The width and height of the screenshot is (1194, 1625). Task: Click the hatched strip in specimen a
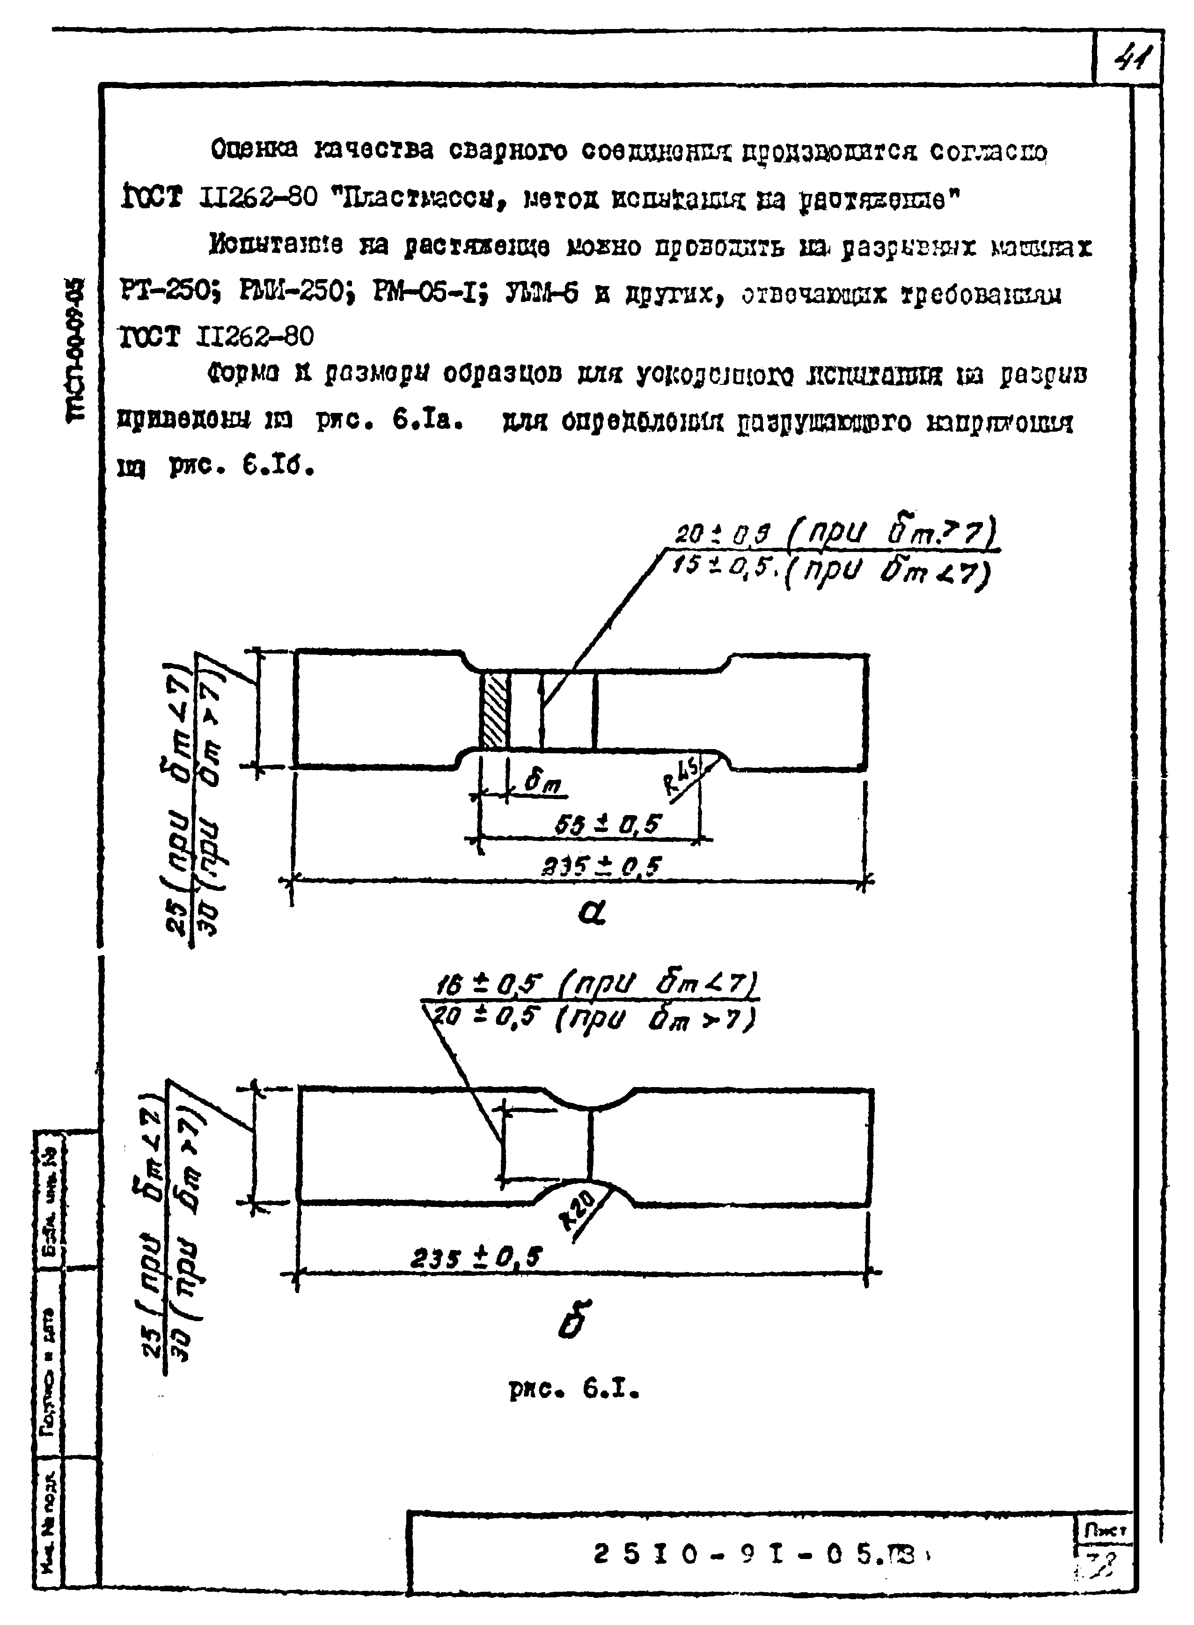495,709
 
